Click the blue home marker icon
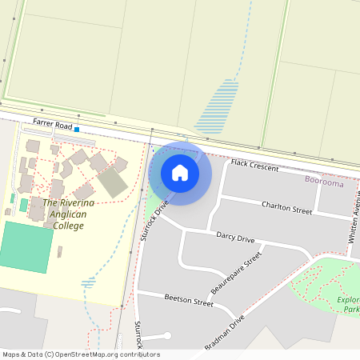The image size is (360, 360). tap(180, 172)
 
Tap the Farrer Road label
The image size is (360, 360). tap(52, 124)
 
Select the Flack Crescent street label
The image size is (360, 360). tap(254, 166)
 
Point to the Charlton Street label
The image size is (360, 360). tap(286, 207)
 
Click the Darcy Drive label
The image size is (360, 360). tap(235, 238)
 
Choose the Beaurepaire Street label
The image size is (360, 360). tap(238, 274)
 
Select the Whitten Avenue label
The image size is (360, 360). tap(352, 223)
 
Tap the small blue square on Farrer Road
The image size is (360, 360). tap(77, 128)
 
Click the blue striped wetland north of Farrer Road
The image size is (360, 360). tap(218, 106)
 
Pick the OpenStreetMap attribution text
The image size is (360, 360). tap(80, 354)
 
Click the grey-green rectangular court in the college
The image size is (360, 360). tap(113, 183)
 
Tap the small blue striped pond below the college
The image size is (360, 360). tap(88, 282)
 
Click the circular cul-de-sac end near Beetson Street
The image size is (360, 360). tap(167, 335)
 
